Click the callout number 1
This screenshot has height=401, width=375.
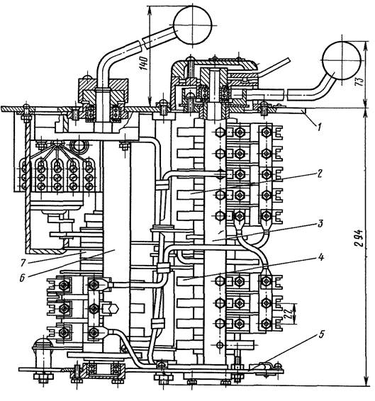point(318,127)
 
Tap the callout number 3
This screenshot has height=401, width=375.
point(320,224)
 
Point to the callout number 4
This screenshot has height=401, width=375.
point(320,256)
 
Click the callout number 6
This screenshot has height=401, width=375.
point(22,278)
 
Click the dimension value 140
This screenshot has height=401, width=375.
point(143,63)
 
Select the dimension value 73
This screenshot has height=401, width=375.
point(359,81)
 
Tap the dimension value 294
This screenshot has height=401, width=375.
point(359,238)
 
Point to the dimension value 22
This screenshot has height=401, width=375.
point(288,313)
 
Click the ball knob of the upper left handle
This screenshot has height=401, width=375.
point(193,26)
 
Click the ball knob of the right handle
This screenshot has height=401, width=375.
point(342,60)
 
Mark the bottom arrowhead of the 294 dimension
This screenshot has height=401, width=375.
point(366,381)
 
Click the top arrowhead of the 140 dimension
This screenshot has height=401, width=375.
point(150,9)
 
